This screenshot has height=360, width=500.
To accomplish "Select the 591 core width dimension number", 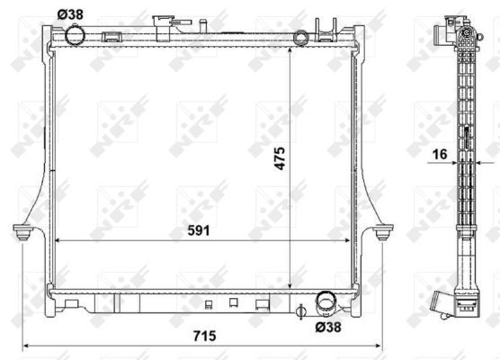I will [199, 230].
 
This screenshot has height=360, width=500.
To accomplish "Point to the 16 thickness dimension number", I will [440, 156].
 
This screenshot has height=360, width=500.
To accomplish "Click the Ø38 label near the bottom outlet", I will [328, 328].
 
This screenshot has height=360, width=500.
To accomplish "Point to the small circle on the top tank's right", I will [301, 37].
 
